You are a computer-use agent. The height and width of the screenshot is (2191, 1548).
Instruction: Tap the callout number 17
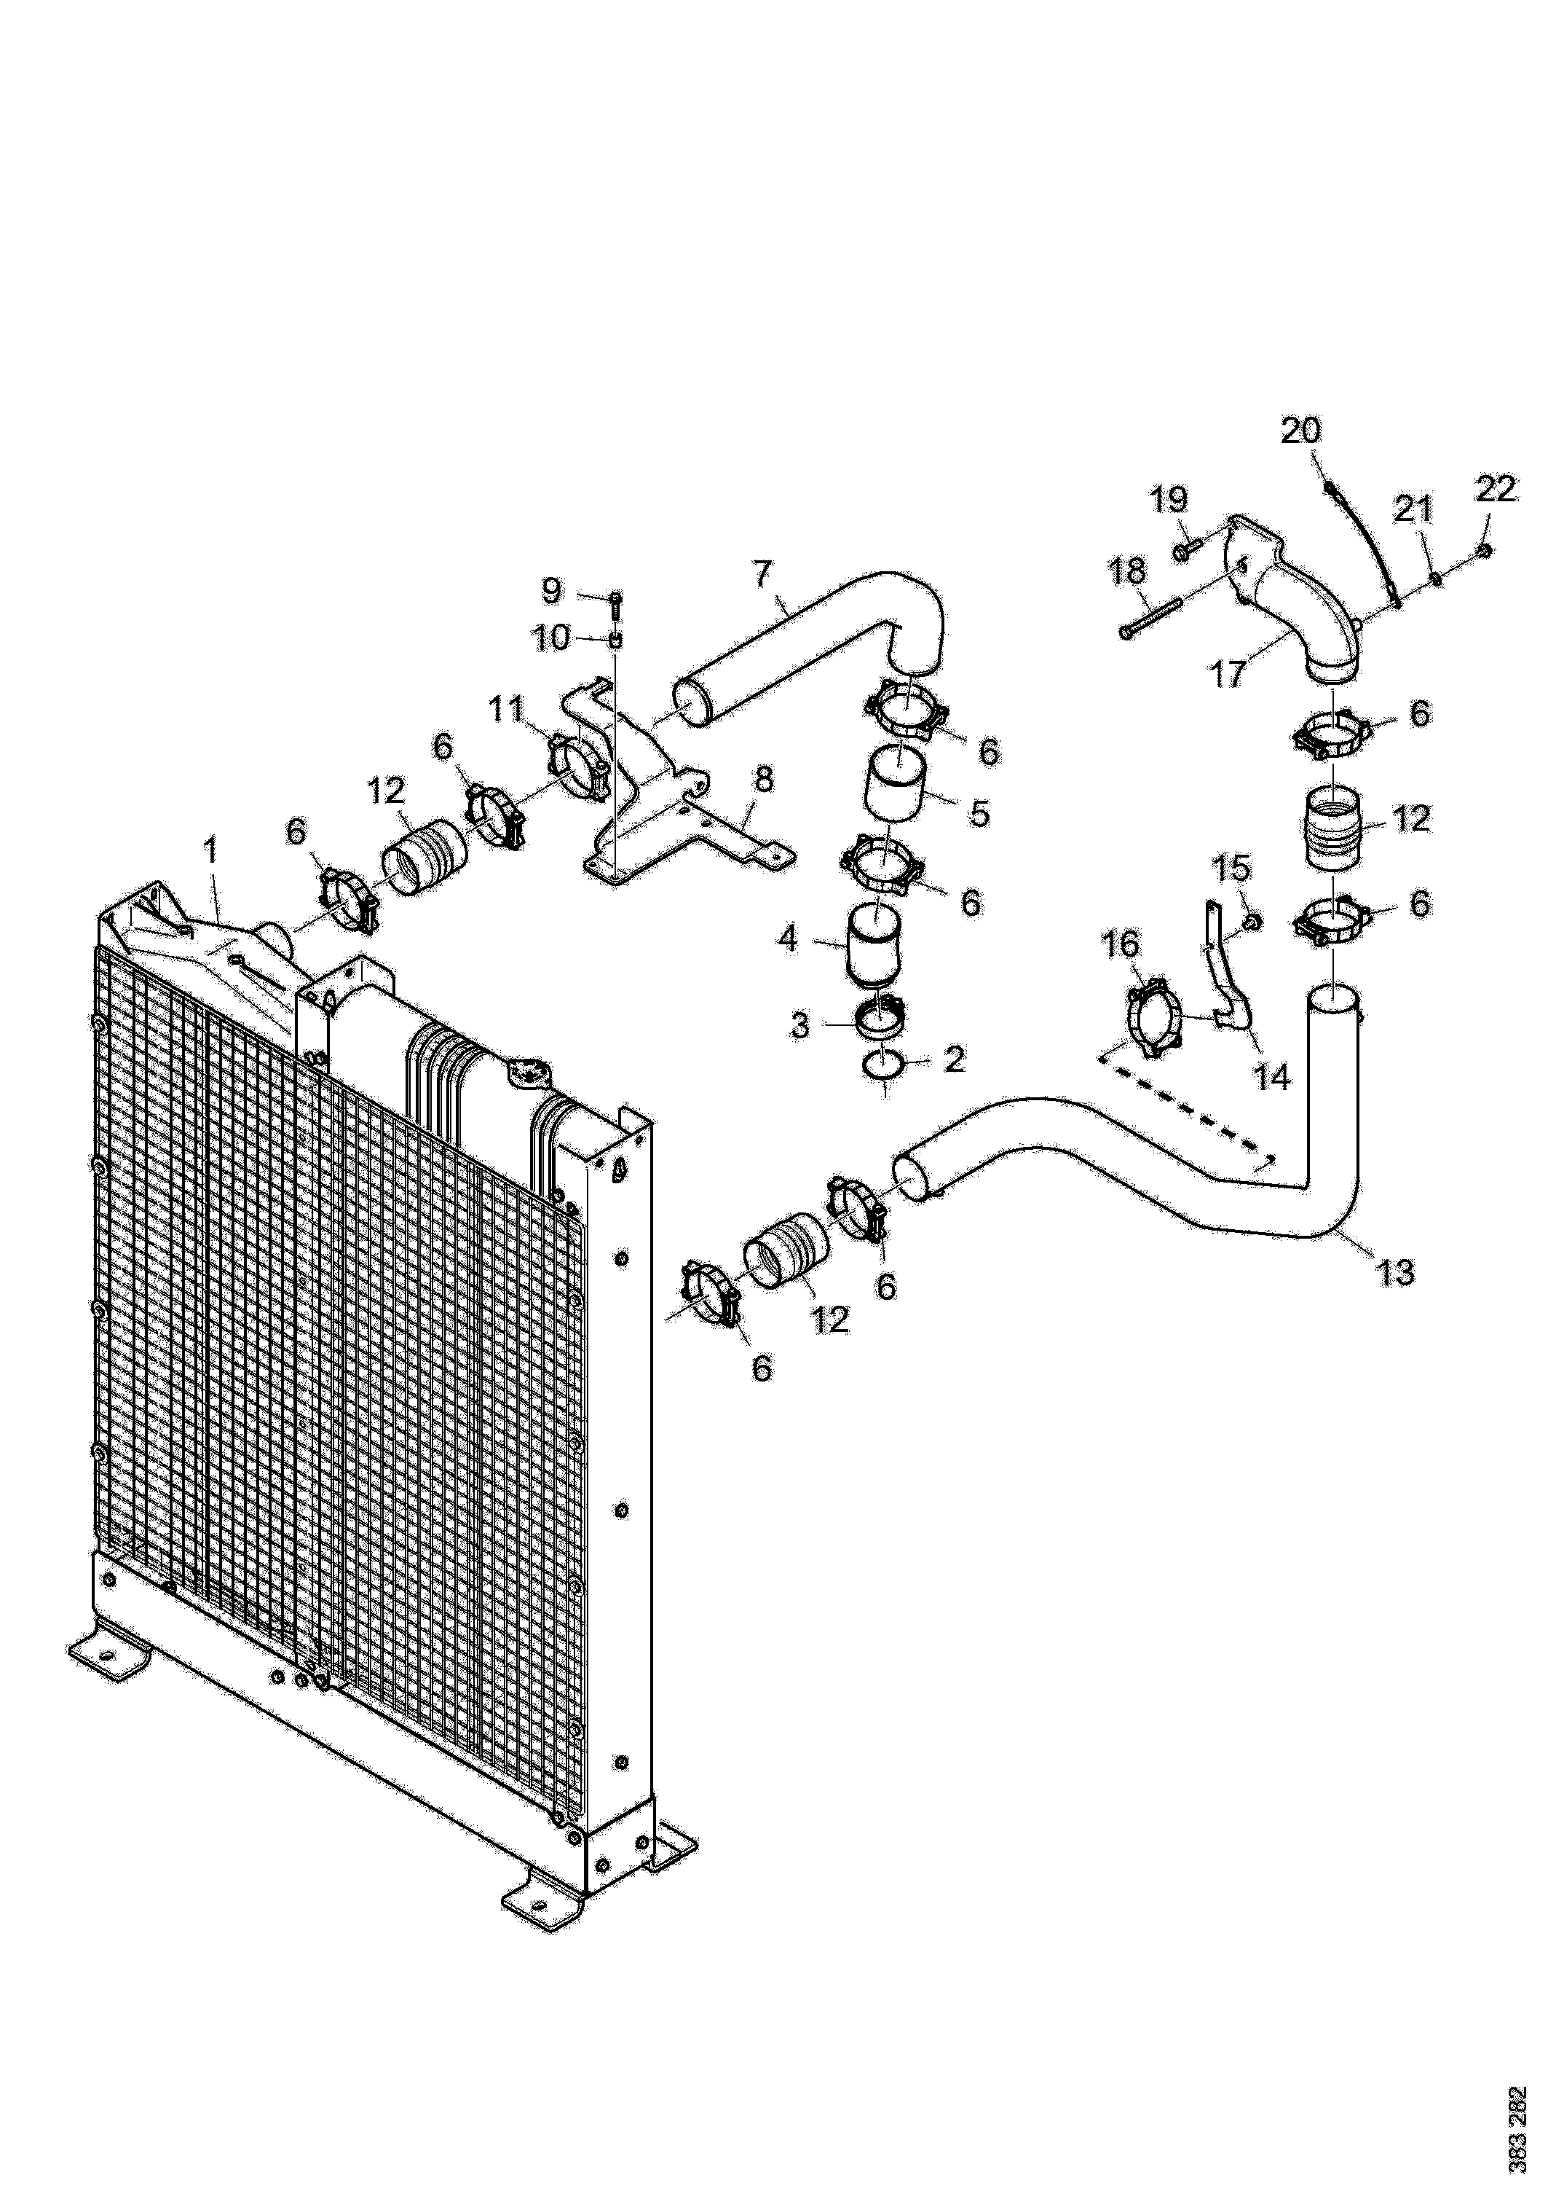(x=1228, y=674)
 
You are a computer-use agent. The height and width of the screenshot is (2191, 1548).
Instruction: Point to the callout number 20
(x=1301, y=431)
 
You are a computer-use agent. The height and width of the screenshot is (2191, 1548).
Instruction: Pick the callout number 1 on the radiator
(x=210, y=847)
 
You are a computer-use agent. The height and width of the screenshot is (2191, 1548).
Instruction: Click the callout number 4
(x=788, y=939)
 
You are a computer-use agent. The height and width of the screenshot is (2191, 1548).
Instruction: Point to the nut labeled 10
(x=616, y=638)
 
